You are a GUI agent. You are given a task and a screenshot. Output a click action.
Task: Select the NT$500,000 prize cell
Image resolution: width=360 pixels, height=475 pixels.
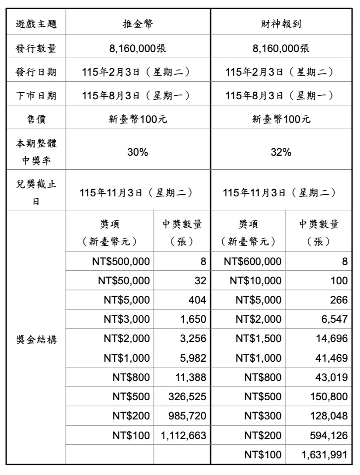tap(121, 262)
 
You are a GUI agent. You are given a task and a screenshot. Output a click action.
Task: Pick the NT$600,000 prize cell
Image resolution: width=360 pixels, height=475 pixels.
tap(252, 262)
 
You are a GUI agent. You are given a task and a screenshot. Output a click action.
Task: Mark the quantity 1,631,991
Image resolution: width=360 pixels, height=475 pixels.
tap(324, 454)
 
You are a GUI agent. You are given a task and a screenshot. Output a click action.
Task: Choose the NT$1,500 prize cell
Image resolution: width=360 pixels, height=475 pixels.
tap(258, 339)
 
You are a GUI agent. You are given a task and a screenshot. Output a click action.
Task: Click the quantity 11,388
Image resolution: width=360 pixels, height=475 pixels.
tap(190, 377)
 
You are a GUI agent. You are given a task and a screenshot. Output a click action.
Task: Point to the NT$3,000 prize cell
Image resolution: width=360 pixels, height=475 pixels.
tap(127, 319)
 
